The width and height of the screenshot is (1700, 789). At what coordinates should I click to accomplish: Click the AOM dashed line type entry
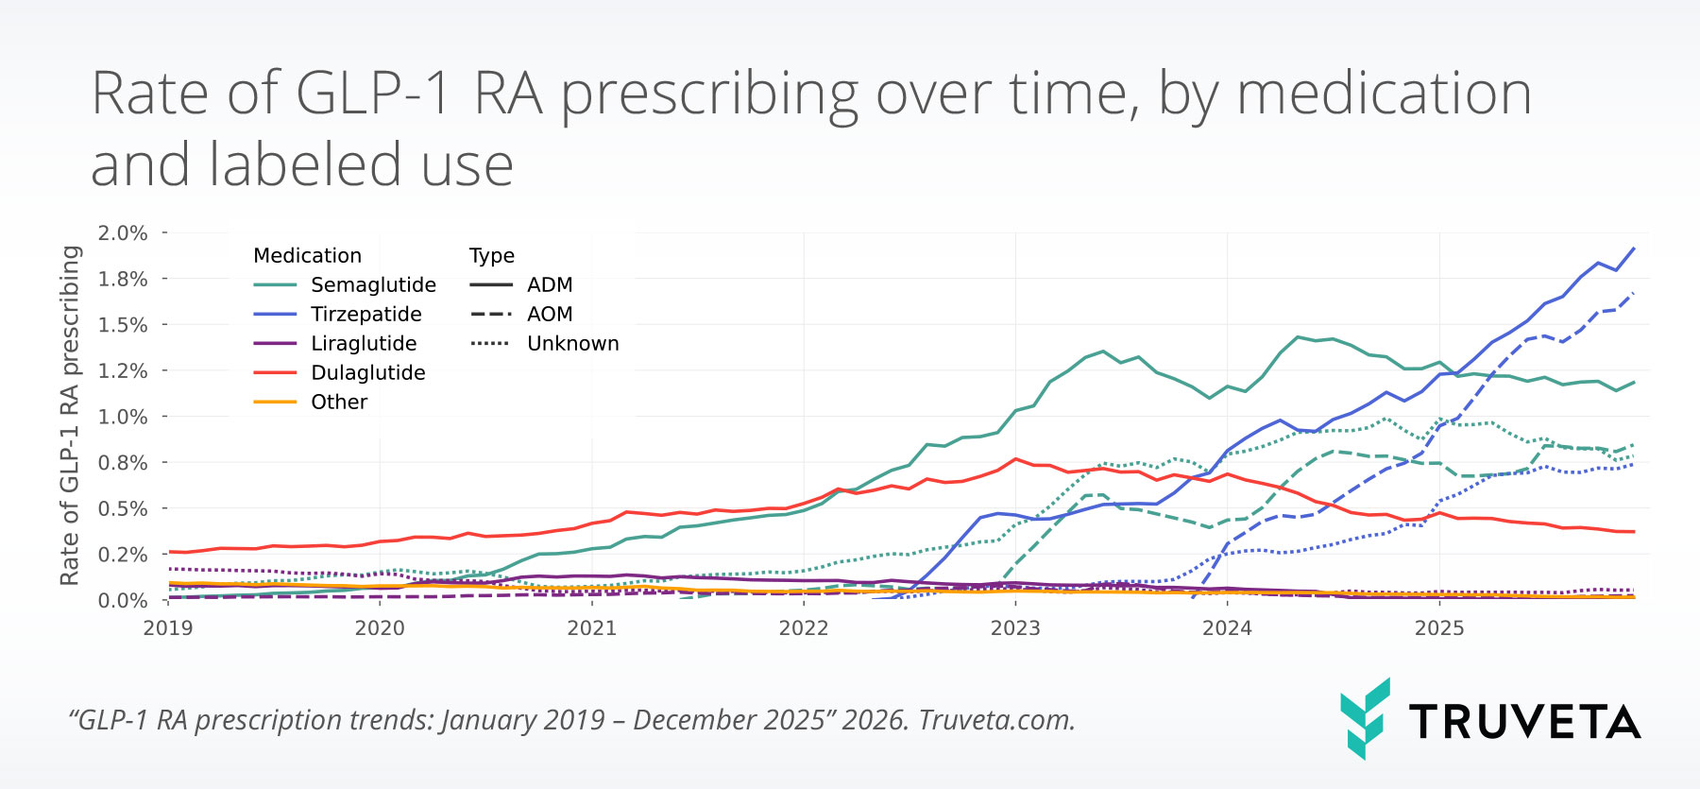click(x=550, y=315)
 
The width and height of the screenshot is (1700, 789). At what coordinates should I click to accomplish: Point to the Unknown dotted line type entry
click(x=572, y=344)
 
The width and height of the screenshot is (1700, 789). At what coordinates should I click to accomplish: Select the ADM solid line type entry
click(x=550, y=285)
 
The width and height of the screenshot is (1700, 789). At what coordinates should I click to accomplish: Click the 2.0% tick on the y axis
click(x=123, y=233)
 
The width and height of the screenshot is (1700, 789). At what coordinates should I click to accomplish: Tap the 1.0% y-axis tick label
click(x=123, y=417)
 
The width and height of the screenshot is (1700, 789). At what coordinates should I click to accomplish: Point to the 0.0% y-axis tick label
click(x=123, y=601)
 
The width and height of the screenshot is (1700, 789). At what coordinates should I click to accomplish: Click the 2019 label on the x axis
click(x=168, y=628)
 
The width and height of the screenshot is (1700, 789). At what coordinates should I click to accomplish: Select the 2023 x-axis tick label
click(x=1015, y=628)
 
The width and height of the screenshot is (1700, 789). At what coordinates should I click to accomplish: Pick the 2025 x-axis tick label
click(x=1439, y=628)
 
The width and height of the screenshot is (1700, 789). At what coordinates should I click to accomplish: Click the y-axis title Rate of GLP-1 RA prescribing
click(x=70, y=416)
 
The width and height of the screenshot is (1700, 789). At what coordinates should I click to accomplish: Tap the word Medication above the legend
click(x=307, y=256)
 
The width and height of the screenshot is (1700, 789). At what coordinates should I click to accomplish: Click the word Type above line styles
click(x=492, y=256)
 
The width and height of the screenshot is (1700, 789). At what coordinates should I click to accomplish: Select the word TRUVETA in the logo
click(x=1525, y=723)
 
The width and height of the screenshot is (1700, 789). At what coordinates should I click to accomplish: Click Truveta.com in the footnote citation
click(x=996, y=721)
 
